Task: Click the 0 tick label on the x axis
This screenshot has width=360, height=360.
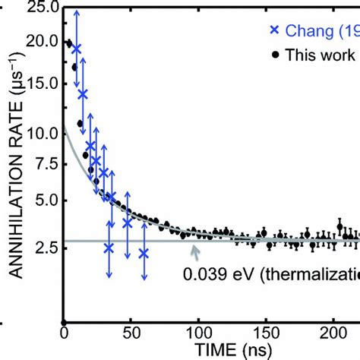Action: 65,332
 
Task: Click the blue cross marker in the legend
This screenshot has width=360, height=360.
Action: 273,30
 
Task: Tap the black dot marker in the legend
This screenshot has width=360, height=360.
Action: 273,55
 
